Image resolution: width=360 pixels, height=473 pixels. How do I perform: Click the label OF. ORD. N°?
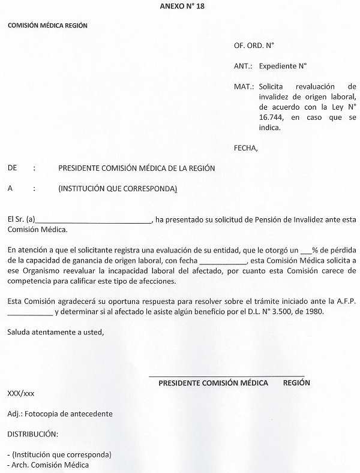[x=254, y=46]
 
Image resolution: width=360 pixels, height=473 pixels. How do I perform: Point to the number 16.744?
[x=247, y=117]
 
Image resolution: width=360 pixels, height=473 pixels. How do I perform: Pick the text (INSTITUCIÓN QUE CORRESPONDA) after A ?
[x=118, y=189]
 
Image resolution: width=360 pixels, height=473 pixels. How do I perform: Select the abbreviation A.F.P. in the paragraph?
[x=340, y=302]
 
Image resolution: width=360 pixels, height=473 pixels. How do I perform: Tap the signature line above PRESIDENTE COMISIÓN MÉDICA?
[x=226, y=375]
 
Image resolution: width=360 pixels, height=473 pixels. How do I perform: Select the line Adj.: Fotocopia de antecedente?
[x=59, y=413]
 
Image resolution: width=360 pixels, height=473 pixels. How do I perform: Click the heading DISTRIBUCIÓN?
[x=32, y=433]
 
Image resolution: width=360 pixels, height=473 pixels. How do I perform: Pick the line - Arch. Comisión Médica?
[x=47, y=465]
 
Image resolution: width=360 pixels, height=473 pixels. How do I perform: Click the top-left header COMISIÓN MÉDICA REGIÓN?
[x=47, y=26]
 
